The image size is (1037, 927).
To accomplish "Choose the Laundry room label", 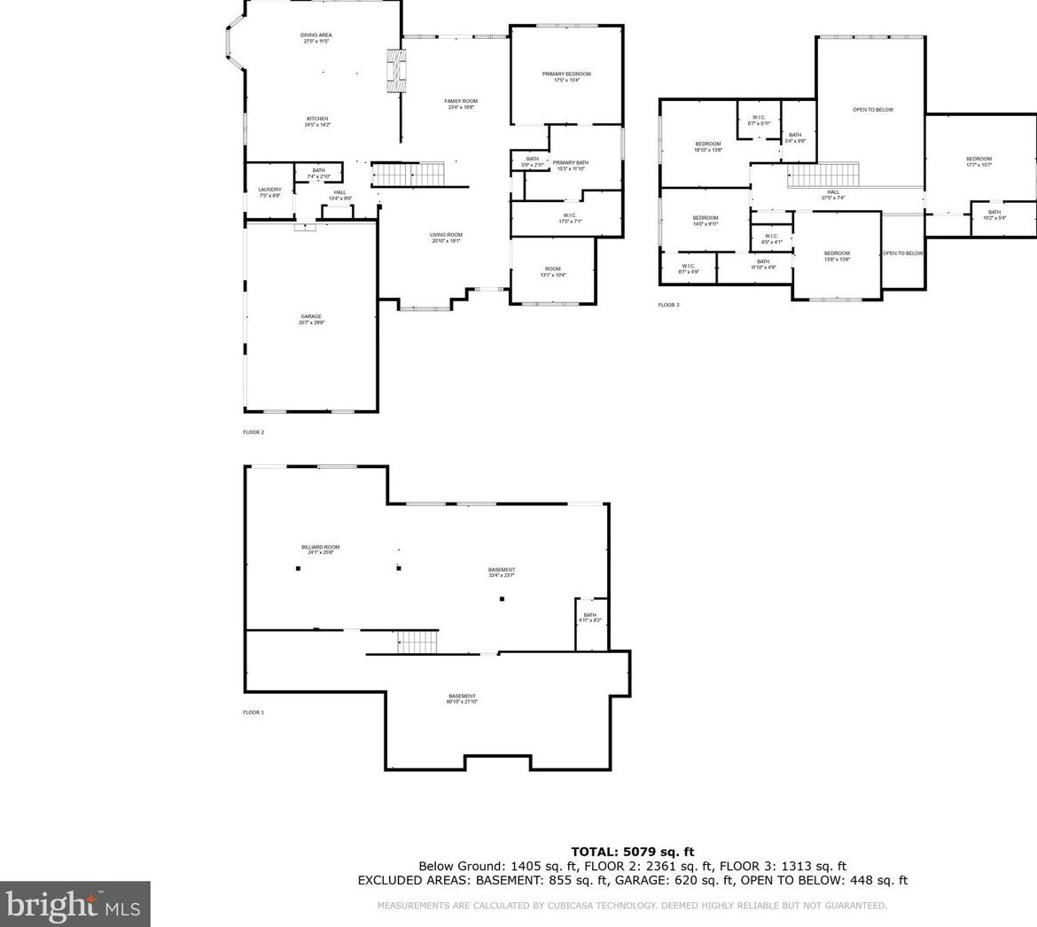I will point(269,191).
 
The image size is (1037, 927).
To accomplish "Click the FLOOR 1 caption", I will point(253,713).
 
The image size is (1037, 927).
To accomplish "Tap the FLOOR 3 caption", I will point(668,305).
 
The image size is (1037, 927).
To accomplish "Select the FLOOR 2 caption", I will point(253,432).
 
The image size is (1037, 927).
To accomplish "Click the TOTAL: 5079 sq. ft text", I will point(632,852).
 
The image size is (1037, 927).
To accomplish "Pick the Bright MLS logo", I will point(74,904).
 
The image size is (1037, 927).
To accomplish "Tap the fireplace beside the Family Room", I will point(395,71).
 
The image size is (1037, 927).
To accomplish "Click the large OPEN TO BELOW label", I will point(872,110).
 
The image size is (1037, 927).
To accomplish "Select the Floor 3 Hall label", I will point(833,194).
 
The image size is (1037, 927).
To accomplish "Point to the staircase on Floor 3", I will point(824,174).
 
